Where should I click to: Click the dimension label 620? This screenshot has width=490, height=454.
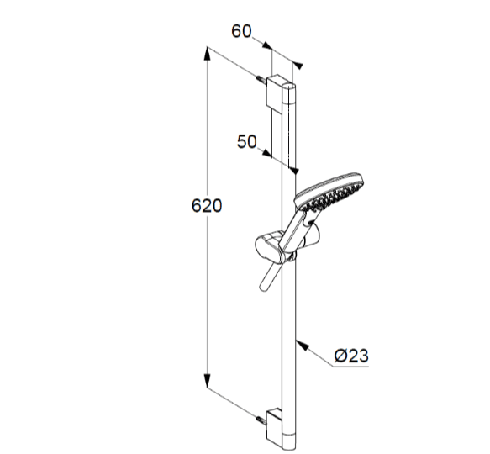tap(207, 206)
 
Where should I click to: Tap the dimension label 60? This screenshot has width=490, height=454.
tap(241, 31)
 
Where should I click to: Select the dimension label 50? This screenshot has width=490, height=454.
tap(246, 141)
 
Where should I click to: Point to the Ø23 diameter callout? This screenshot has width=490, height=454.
tap(351, 356)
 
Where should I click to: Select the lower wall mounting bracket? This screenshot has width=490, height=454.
tap(275, 427)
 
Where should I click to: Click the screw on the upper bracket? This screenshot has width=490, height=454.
tap(261, 80)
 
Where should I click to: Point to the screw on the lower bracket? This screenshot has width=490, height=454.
tap(261, 420)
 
